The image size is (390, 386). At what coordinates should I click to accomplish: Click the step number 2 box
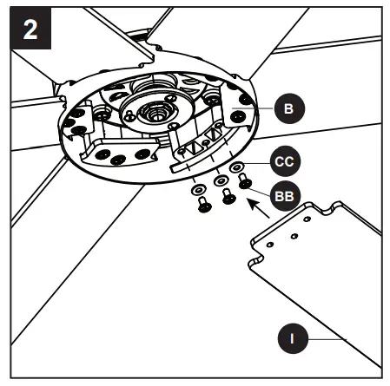pos(30,28)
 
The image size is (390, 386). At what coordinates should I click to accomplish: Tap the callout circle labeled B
pos(289,108)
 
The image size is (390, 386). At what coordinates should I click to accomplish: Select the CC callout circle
pos(285,161)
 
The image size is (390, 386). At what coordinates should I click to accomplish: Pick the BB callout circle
pos(285,196)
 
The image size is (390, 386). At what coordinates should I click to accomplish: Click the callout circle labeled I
pos(293,338)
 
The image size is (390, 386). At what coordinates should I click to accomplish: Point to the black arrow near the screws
pos(259,208)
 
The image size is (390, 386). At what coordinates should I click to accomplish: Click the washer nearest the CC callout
pos(237,167)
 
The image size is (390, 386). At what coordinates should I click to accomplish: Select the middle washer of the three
pos(221,181)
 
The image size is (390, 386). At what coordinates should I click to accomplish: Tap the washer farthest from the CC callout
pos(199,190)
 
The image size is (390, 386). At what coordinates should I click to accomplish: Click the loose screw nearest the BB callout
pos(245,180)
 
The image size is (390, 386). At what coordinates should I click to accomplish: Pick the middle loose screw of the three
pos(228,196)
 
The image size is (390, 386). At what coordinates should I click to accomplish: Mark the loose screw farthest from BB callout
pos(204,205)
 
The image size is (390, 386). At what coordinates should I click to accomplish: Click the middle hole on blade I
pos(294,236)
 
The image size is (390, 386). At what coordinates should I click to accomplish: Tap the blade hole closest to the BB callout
pos(307,219)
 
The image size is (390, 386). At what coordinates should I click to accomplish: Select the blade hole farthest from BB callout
pos(270,245)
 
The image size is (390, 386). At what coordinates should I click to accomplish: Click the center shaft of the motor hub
pos(156,114)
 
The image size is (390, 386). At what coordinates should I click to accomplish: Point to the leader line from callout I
pos(327,339)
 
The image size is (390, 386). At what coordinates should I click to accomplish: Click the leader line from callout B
pos(253,108)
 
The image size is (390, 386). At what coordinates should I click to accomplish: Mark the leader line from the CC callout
pos(256,164)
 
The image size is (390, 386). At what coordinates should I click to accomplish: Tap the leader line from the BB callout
pos(259,192)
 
